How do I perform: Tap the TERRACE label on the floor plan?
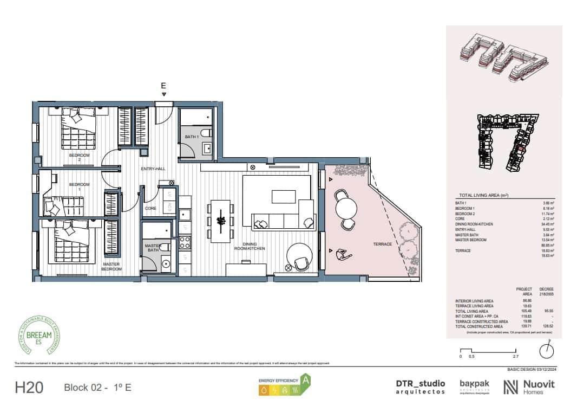[382, 244]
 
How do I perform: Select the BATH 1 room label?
[192, 137]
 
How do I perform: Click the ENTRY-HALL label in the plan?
[153, 169]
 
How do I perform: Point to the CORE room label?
[150, 208]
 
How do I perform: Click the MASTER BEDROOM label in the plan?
[111, 267]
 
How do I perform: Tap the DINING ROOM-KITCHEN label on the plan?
[249, 246]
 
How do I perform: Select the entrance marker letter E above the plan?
[163, 86]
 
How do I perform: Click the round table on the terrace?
[346, 208]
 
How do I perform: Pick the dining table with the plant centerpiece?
[221, 221]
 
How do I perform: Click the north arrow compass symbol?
[547, 349]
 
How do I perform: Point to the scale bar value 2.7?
[515, 357]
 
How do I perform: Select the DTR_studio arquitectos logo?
[420, 386]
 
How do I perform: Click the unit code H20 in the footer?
[29, 387]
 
